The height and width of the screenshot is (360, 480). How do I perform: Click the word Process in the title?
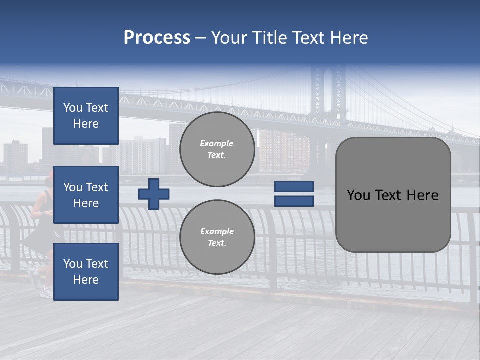(157, 38)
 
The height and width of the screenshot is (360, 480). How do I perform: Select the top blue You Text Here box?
(86, 116)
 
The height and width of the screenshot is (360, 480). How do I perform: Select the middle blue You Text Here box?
(86, 195)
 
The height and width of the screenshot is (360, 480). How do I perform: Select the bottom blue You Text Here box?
(86, 272)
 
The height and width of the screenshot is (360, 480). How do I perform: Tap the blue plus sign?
(154, 194)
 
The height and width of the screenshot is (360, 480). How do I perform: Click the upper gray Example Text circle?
(217, 149)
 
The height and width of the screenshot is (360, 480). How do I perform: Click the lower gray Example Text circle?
(217, 237)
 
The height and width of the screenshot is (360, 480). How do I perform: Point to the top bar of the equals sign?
(294, 187)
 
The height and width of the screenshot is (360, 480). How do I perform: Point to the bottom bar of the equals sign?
(294, 201)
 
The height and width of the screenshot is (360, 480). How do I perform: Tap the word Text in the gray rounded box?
(392, 195)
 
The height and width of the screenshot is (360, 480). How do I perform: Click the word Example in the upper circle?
(217, 143)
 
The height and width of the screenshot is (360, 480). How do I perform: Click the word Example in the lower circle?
(217, 231)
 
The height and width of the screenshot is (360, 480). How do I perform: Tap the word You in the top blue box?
(72, 108)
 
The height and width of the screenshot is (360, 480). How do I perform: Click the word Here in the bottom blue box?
(86, 280)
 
